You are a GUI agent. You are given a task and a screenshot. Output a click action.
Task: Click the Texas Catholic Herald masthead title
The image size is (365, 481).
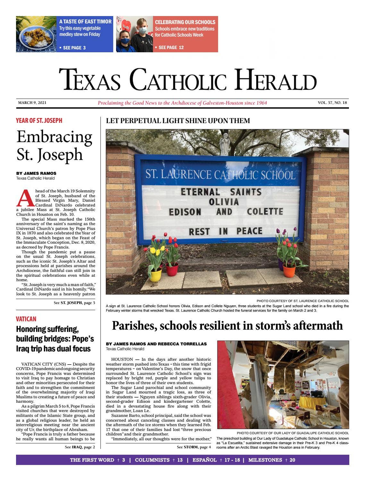tap(188, 80)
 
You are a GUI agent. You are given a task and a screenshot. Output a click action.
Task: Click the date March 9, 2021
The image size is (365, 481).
tap(32, 103)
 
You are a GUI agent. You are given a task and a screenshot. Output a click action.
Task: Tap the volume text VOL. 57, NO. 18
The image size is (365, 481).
tap(332, 103)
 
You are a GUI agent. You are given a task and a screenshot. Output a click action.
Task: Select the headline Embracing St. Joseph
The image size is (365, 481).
tap(54, 145)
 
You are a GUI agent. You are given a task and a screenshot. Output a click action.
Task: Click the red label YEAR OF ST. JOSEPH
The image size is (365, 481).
tap(39, 121)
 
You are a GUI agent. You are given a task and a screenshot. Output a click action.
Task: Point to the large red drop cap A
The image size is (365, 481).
tap(25, 198)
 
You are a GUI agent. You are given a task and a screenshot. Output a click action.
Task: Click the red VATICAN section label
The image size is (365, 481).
tap(26, 319)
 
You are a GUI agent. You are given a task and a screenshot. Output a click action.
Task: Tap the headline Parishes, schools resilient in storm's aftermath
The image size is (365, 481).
tap(227, 325)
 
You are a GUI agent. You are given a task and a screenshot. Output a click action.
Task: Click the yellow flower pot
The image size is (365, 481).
tap(156, 275)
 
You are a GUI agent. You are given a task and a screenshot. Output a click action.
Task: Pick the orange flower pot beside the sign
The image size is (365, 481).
tap(289, 270)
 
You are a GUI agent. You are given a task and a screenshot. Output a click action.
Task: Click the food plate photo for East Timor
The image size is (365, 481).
tap(36, 34)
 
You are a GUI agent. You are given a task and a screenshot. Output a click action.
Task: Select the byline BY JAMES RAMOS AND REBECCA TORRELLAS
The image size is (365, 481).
tap(156, 344)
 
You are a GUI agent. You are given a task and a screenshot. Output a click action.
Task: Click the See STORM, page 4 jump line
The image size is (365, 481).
tap(194, 447)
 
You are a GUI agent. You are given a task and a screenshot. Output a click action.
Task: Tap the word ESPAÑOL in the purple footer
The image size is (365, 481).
tap(204, 460)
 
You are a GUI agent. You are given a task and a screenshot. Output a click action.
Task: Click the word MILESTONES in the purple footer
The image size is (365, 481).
tap(265, 460)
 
